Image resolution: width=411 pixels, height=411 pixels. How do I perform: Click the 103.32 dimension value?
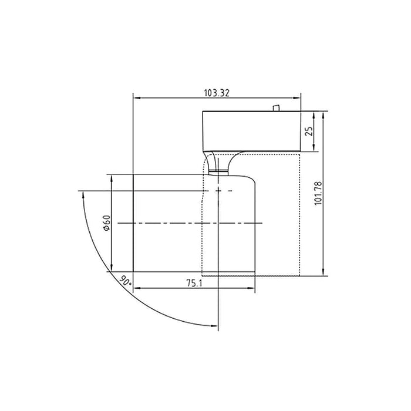[216, 93]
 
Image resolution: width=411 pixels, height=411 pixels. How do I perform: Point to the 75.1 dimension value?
[194, 283]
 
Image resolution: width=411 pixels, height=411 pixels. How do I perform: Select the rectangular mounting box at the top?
[251, 130]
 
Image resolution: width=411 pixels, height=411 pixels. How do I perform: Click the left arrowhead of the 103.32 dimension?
[136, 98]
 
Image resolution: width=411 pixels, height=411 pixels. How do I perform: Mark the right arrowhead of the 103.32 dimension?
[298, 98]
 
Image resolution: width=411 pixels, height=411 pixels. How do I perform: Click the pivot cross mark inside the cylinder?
[219, 191]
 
